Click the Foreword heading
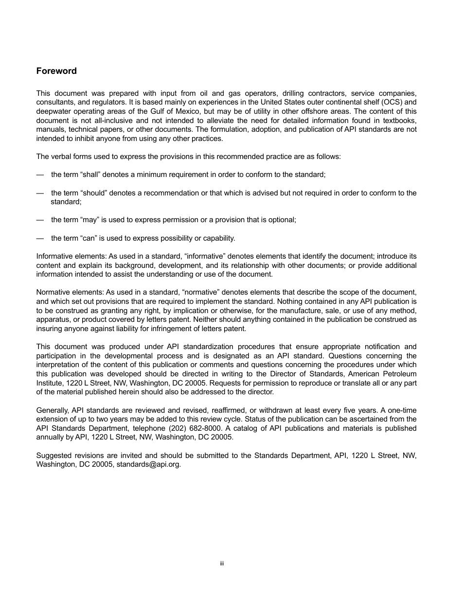click(56, 71)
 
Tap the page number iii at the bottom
click(221, 563)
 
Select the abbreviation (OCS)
click(388, 102)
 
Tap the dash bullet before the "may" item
click(40, 220)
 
